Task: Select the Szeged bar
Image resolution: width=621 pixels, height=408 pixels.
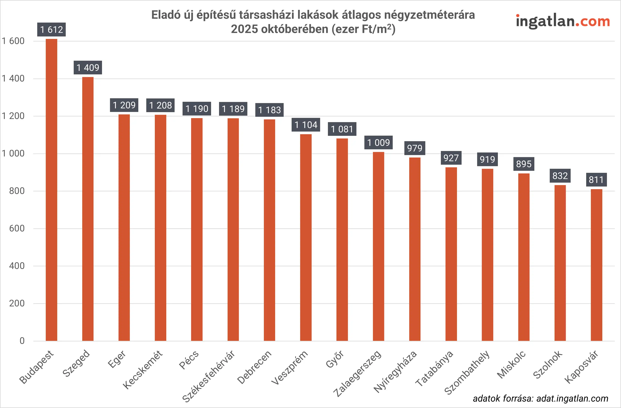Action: pyautogui.click(x=88, y=209)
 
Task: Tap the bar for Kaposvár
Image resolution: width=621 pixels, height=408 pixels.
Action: pyautogui.click(x=597, y=265)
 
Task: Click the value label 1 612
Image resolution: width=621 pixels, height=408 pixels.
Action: pyautogui.click(x=51, y=29)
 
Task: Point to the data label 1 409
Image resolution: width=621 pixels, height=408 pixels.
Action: pyautogui.click(x=88, y=68)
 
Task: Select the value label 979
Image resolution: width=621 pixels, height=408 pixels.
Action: pyautogui.click(x=415, y=148)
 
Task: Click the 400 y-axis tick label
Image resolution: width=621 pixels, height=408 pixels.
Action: pyautogui.click(x=17, y=266)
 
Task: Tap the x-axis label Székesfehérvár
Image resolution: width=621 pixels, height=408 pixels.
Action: pyautogui.click(x=209, y=375)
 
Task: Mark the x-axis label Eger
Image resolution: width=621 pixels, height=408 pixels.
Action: pyautogui.click(x=117, y=359)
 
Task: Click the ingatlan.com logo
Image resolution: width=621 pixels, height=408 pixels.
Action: pyautogui.click(x=563, y=21)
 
